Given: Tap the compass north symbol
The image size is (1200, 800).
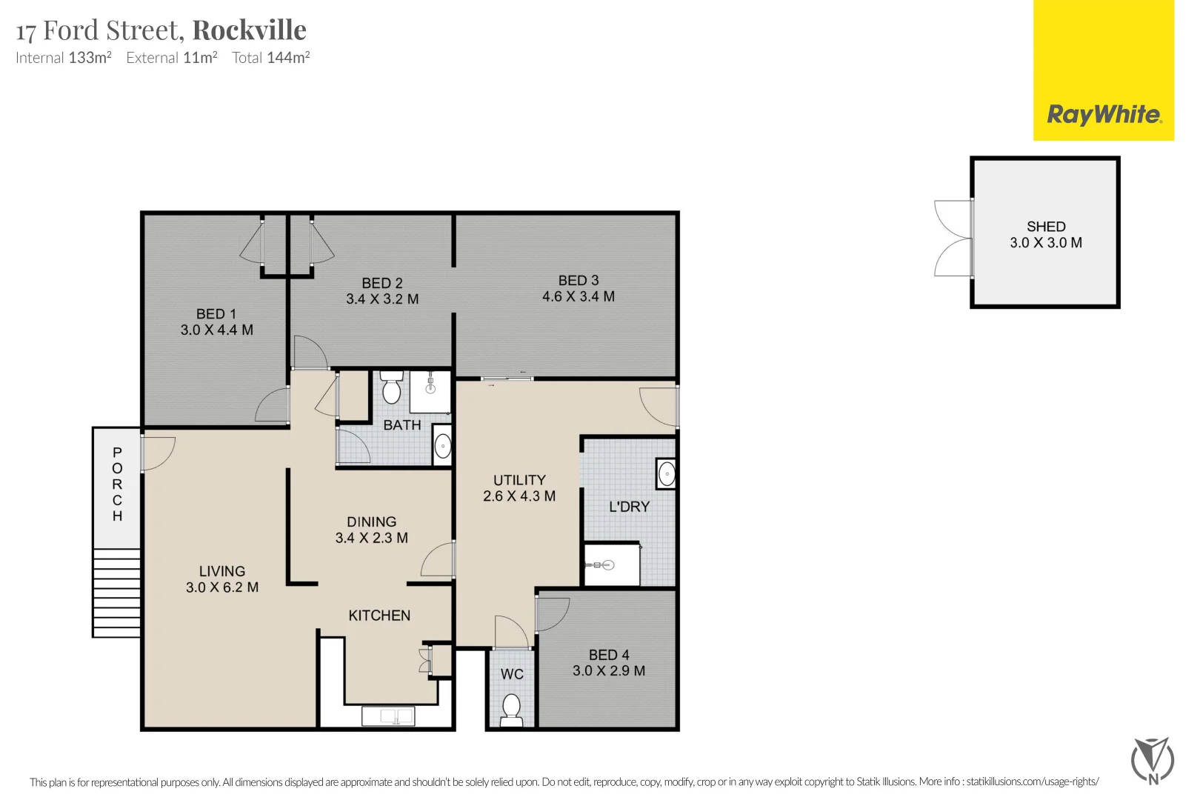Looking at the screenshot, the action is click(x=1153, y=761).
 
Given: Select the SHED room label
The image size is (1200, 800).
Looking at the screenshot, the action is click(x=1046, y=227).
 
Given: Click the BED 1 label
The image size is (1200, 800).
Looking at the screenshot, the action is click(x=216, y=314).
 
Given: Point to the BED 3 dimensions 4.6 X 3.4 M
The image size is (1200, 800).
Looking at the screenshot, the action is click(x=579, y=296).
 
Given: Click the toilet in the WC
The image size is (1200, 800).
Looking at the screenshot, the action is click(x=511, y=710).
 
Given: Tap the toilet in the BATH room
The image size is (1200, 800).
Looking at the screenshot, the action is click(x=392, y=387).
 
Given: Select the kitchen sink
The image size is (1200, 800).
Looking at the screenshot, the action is click(x=388, y=716).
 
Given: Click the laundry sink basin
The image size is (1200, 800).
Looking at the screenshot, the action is click(x=667, y=474).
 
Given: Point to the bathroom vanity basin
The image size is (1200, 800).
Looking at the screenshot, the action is click(x=442, y=446).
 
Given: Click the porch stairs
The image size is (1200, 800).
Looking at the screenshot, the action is click(x=117, y=593).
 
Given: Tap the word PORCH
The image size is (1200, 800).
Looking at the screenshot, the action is click(x=117, y=484).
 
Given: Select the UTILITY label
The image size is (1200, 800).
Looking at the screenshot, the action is click(x=519, y=480).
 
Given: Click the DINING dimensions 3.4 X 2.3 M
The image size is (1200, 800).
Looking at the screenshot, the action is click(x=372, y=538).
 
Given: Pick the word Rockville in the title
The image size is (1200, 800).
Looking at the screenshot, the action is click(x=250, y=30).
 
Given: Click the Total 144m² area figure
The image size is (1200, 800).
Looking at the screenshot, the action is click(x=271, y=57).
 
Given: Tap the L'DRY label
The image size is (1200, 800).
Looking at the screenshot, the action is click(x=630, y=507).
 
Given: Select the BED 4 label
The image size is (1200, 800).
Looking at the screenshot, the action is click(x=609, y=655).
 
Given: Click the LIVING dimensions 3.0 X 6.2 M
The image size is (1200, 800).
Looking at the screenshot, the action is click(x=222, y=587).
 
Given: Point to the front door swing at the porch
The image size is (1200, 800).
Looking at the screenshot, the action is click(x=159, y=454).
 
